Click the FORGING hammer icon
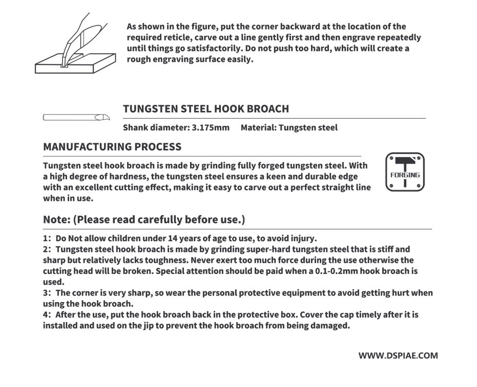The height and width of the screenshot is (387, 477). coord(405,172)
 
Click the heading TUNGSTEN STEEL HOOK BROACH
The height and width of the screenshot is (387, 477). coord(206,109)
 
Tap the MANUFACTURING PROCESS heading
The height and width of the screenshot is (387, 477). coord(112,147)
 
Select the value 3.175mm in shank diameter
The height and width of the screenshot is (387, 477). coord(211,128)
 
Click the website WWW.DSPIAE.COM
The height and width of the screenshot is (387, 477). coord(398,355)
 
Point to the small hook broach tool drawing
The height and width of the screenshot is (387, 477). coord(76,117)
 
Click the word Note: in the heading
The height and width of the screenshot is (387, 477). coord(57,220)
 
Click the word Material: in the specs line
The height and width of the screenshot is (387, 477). coord(258,128)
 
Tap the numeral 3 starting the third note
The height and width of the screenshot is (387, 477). coord(46,293)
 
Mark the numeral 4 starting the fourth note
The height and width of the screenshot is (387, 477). coord(46,315)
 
